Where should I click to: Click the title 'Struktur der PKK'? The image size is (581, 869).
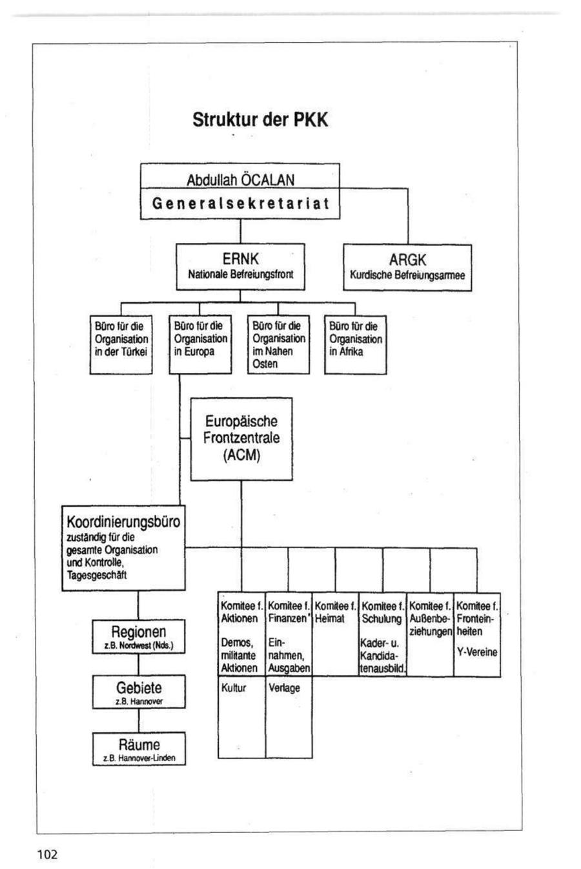point(260,120)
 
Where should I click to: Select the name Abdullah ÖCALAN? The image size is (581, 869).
point(240,179)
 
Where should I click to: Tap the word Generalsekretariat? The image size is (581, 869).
point(240,204)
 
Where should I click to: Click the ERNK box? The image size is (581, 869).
point(240,266)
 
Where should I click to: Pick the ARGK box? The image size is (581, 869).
point(407,267)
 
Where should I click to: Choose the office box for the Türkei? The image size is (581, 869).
point(121,344)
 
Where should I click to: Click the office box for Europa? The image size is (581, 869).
point(200,344)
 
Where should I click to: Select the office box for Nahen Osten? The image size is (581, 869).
point(278,344)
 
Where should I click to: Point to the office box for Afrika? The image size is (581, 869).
point(355,344)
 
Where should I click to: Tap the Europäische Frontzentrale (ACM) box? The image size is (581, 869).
point(241,439)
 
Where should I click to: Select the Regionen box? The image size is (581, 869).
point(139,636)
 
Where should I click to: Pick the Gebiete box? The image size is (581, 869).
point(139,692)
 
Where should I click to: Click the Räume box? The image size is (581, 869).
point(139,748)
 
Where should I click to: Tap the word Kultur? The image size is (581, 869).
point(234,688)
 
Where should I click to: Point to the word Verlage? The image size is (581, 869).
point(284,688)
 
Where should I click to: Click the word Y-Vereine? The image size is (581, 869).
point(477,653)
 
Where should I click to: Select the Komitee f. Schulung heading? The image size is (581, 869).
point(382,612)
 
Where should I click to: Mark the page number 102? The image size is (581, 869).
point(47,855)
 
